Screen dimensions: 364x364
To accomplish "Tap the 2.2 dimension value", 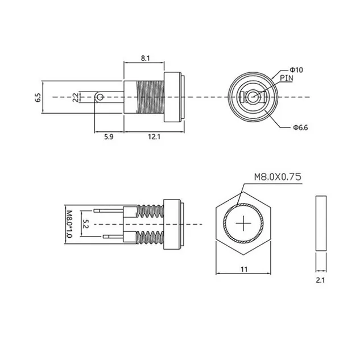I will pyautogui.click(x=75, y=97).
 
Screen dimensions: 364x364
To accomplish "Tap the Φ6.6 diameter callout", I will pyautogui.click(x=300, y=127).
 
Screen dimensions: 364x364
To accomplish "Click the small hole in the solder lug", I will pyautogui.click(x=100, y=97).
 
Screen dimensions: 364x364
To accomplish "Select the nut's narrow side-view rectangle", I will pyautogui.click(x=321, y=224).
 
